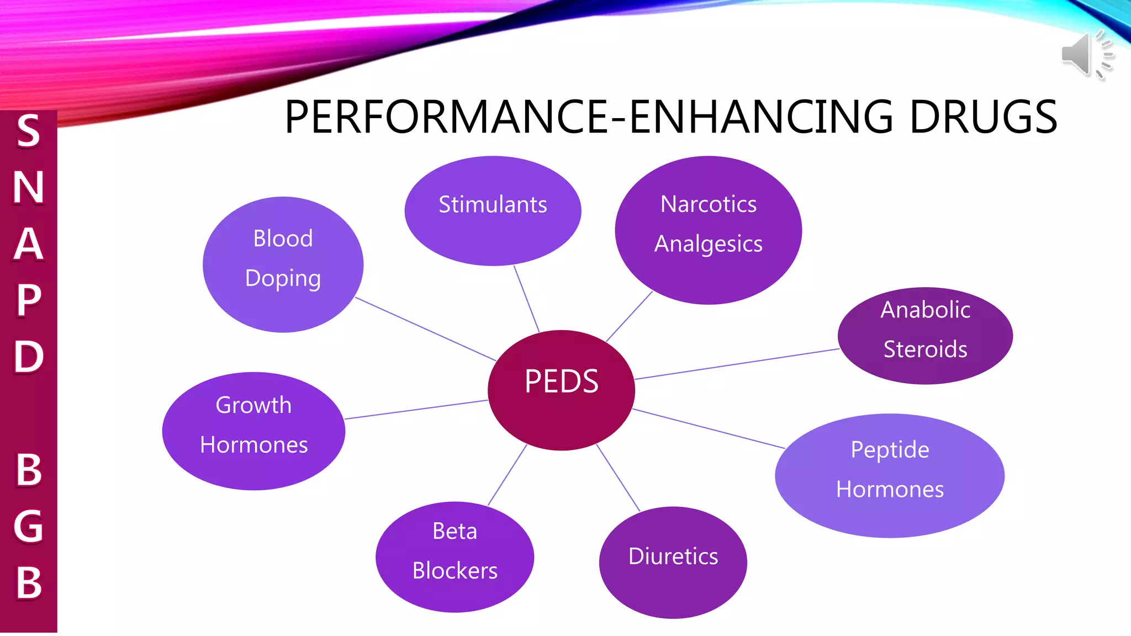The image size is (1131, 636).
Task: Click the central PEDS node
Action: [x=561, y=390]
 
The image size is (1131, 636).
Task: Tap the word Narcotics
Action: [x=709, y=204]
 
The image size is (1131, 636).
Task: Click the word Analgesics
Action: [x=709, y=244]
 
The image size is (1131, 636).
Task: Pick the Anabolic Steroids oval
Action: [x=925, y=335]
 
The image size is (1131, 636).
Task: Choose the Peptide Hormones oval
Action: [x=889, y=475]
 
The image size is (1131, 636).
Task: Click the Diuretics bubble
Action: [x=673, y=561]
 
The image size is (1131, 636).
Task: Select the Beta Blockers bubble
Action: [x=454, y=556]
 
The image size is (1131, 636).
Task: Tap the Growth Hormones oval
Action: [x=253, y=431]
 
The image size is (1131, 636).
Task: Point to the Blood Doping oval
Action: [x=283, y=264]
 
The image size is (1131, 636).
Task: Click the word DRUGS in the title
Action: [x=983, y=117]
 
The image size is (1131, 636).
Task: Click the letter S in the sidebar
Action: [x=29, y=131]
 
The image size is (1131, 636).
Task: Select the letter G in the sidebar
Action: [x=29, y=526]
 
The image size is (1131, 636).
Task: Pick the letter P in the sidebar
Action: [x=29, y=300]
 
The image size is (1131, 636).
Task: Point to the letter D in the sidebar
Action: [x=29, y=357]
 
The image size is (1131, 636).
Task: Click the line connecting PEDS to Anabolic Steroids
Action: [x=737, y=364]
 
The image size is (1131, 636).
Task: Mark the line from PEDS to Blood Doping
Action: [x=425, y=329]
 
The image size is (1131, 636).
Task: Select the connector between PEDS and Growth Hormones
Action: [x=416, y=410]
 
